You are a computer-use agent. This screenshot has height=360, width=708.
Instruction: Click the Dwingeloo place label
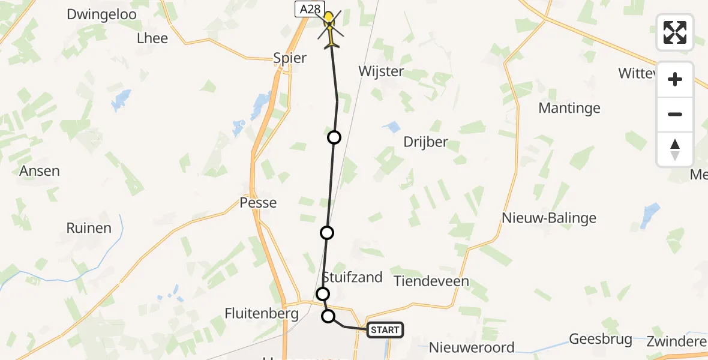102,14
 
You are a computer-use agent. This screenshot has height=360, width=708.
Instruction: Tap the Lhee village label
152,38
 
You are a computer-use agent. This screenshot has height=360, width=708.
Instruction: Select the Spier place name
290,58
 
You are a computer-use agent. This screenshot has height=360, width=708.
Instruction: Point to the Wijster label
381,71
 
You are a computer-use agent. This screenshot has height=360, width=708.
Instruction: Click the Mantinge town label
569,108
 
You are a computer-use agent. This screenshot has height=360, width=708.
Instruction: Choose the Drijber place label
426,143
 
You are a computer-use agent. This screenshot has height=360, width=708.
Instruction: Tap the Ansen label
40,171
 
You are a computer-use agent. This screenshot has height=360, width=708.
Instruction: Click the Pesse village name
258,203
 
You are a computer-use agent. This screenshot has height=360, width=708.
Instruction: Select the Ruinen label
89,228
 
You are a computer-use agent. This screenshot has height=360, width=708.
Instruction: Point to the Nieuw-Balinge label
550,218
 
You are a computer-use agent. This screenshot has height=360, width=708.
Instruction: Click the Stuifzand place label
353,277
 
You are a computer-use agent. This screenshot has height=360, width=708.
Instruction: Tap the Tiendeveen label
431,281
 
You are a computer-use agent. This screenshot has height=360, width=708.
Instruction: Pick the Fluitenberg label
262,313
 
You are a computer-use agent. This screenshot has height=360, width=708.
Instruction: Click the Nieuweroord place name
472,347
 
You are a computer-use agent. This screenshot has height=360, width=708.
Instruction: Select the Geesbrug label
601,339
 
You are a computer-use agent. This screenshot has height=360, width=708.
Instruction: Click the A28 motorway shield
310,8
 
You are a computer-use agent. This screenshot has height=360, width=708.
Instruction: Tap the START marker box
385,330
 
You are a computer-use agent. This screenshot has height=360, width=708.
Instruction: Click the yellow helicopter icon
329,27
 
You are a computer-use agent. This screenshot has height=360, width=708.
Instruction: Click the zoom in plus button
675,79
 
